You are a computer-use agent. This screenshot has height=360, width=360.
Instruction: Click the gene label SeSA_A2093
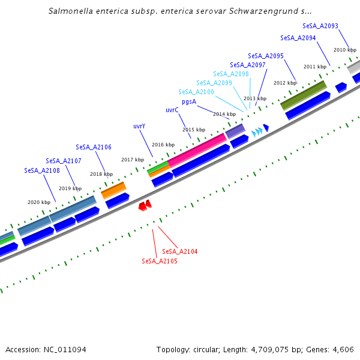[320, 26]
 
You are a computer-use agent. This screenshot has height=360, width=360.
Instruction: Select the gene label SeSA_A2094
[298, 38]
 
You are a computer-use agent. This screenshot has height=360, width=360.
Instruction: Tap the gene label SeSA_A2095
[266, 56]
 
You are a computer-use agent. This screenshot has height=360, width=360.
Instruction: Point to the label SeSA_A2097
[248, 65]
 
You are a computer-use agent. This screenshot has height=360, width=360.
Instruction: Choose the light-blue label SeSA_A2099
[214, 83]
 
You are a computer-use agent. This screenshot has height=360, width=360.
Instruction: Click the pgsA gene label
[189, 101]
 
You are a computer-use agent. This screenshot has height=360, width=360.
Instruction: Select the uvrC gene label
[172, 110]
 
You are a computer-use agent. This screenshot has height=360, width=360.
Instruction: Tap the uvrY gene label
[139, 127]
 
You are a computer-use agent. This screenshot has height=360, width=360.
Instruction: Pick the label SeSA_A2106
[94, 147]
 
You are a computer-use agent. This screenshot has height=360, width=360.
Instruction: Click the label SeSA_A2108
[42, 170]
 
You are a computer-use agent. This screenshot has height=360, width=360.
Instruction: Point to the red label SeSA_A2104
[180, 251]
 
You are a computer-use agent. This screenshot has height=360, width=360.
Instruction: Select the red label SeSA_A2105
[160, 261]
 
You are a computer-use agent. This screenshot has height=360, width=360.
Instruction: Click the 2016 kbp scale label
[163, 145]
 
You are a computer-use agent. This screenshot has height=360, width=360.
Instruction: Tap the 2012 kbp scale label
[284, 83]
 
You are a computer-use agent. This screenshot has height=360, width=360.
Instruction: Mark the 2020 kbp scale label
[39, 202]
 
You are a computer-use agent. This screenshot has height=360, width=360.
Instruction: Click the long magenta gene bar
[197, 149]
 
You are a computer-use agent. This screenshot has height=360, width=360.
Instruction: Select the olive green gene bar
[303, 94]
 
